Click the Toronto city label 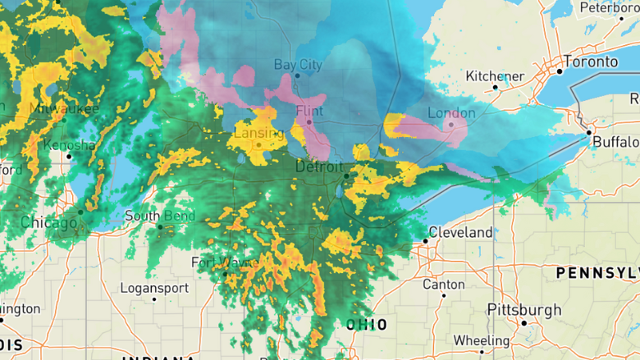coord(591,62)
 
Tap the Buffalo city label coord(615,142)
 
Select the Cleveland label coord(461,233)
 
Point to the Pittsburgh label coord(524,310)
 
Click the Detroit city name coord(318,167)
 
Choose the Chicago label coord(49,222)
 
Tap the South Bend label coord(160,216)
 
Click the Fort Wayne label coord(219,262)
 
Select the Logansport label coord(154,289)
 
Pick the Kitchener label coord(495,76)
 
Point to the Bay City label coord(298,64)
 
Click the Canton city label coord(443,285)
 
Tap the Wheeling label coord(482,340)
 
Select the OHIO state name coord(367,325)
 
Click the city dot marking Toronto coord(560,71)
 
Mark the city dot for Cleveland coord(426,241)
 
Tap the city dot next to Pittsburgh coord(523,323)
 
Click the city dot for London coord(450,125)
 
